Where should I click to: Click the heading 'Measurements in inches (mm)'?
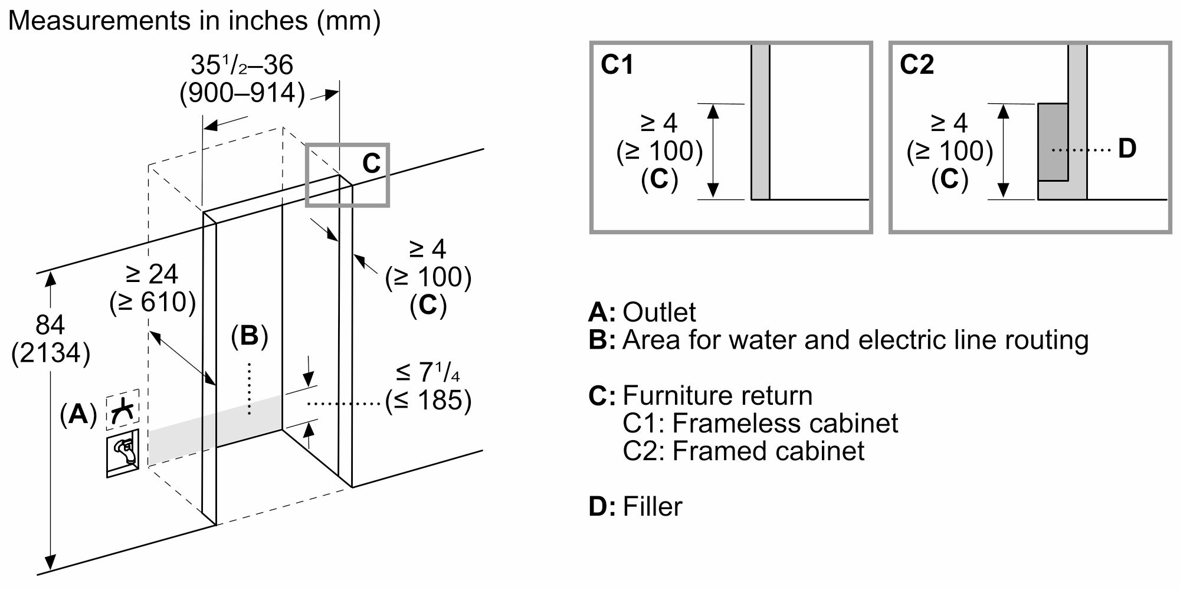[194, 21]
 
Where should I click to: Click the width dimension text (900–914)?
[242, 93]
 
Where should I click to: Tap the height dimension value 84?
[50, 325]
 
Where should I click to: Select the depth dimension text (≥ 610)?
[152, 303]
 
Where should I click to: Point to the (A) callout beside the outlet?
[78, 415]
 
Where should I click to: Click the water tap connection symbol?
[123, 453]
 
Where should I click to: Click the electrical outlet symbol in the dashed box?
[123, 409]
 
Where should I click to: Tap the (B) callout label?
[249, 336]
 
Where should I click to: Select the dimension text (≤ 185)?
[428, 401]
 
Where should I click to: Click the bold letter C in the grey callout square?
[371, 163]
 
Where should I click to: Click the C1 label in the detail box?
[617, 64]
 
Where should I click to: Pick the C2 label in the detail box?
[917, 64]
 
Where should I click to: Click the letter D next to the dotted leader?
[1127, 149]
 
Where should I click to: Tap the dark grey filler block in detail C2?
[1053, 142]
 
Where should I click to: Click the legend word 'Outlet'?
[659, 312]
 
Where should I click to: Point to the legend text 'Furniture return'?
[717, 395]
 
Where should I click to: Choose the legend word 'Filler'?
[653, 507]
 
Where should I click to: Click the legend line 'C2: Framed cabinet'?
[743, 451]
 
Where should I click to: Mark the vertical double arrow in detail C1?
[713, 150]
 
